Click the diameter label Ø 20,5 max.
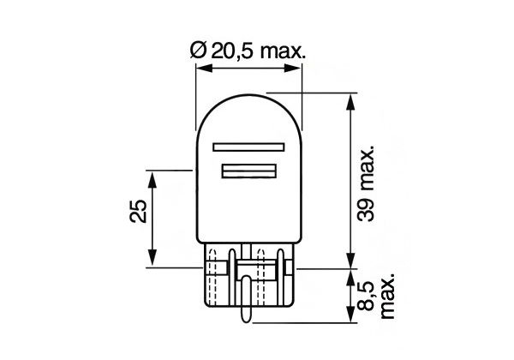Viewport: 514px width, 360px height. coord(248,51)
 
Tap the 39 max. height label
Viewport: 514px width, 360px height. coord(366,183)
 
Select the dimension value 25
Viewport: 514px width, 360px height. coord(138,212)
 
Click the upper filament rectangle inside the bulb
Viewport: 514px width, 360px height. coord(248,147)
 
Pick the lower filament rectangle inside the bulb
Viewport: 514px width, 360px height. coord(248,171)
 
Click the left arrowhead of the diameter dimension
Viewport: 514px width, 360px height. coord(203,69)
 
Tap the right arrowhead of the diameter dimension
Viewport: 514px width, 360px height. coord(293,69)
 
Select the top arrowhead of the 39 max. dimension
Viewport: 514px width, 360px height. coord(350,102)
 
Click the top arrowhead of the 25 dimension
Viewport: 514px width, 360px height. coord(152,179)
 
